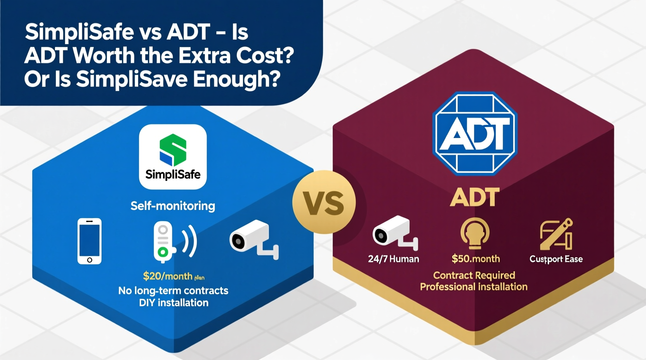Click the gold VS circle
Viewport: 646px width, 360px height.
tap(324, 202)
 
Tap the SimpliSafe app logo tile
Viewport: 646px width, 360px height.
tap(173, 157)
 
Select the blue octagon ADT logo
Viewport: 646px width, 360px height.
tap(475, 133)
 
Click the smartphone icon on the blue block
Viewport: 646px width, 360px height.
tap(90, 241)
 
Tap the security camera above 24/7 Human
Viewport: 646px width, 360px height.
tap(394, 232)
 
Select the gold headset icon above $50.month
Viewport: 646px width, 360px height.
tap(475, 233)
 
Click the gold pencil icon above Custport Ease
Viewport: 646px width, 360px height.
tap(556, 234)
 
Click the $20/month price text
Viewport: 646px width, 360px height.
tap(168, 276)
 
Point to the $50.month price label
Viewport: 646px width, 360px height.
tap(476, 259)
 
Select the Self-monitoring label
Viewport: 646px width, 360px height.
tap(173, 206)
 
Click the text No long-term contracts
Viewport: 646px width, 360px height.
tap(173, 291)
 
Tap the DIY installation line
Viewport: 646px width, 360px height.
tap(174, 303)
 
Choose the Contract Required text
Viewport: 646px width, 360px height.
tap(474, 275)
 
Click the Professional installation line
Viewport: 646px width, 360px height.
tap(474, 287)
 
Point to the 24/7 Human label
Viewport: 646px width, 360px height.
tap(393, 259)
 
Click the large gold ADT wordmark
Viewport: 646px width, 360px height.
tap(475, 197)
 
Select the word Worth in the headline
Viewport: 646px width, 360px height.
tap(103, 56)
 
